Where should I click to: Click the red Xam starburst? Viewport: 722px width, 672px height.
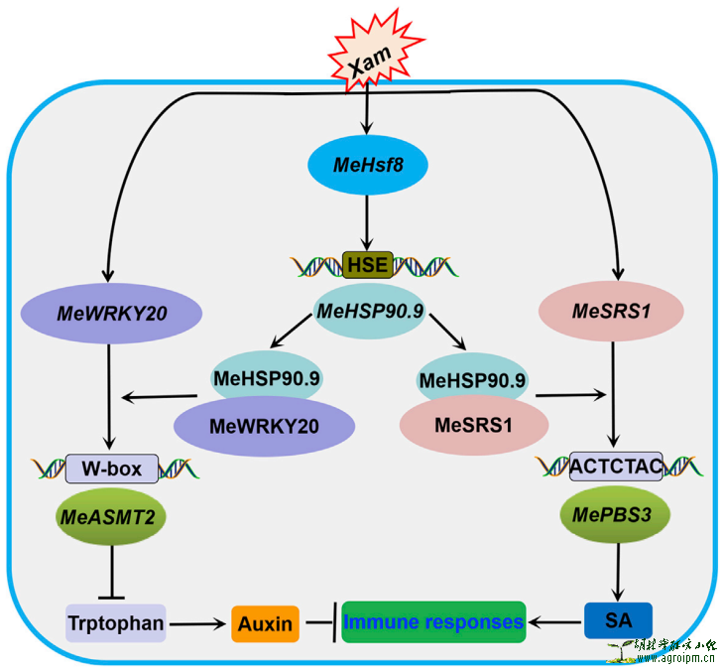click(369, 61)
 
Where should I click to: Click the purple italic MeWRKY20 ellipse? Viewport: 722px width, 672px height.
click(111, 314)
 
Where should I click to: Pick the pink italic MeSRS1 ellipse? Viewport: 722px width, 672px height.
click(612, 312)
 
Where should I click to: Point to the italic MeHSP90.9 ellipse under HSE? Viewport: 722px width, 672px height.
click(370, 313)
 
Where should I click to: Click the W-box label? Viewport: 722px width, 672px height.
click(111, 468)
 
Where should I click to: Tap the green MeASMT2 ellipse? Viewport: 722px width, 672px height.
click(111, 517)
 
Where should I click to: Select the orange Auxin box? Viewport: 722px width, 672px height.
click(265, 623)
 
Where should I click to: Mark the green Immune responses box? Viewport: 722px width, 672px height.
click(433, 622)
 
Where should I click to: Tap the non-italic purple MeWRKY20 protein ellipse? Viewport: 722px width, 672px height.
click(265, 427)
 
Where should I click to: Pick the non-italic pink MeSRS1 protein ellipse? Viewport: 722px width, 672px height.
click(467, 426)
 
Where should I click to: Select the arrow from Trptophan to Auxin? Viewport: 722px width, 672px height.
click(198, 623)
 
